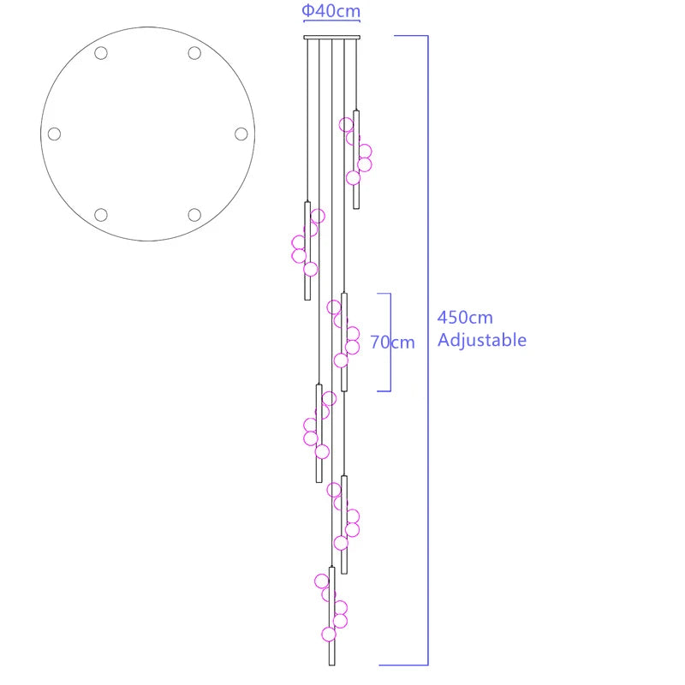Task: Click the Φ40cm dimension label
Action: pos(331,10)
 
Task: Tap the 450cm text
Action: pos(465,318)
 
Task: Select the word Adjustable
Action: pos(482,340)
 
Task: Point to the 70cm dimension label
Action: pos(392,342)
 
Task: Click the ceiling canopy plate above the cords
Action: pos(332,38)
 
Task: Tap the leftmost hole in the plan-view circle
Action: pos(54,134)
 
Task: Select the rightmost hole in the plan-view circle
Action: pos(241,134)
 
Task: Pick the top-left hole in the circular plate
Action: pos(101,53)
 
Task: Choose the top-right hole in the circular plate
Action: pos(194,53)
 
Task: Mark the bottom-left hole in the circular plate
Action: pos(101,215)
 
